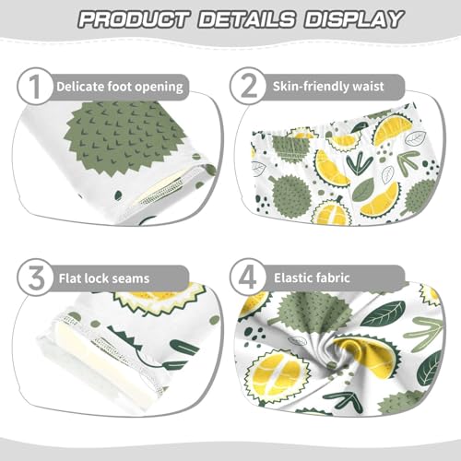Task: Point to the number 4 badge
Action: (248, 276)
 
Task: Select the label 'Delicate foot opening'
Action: (120, 87)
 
